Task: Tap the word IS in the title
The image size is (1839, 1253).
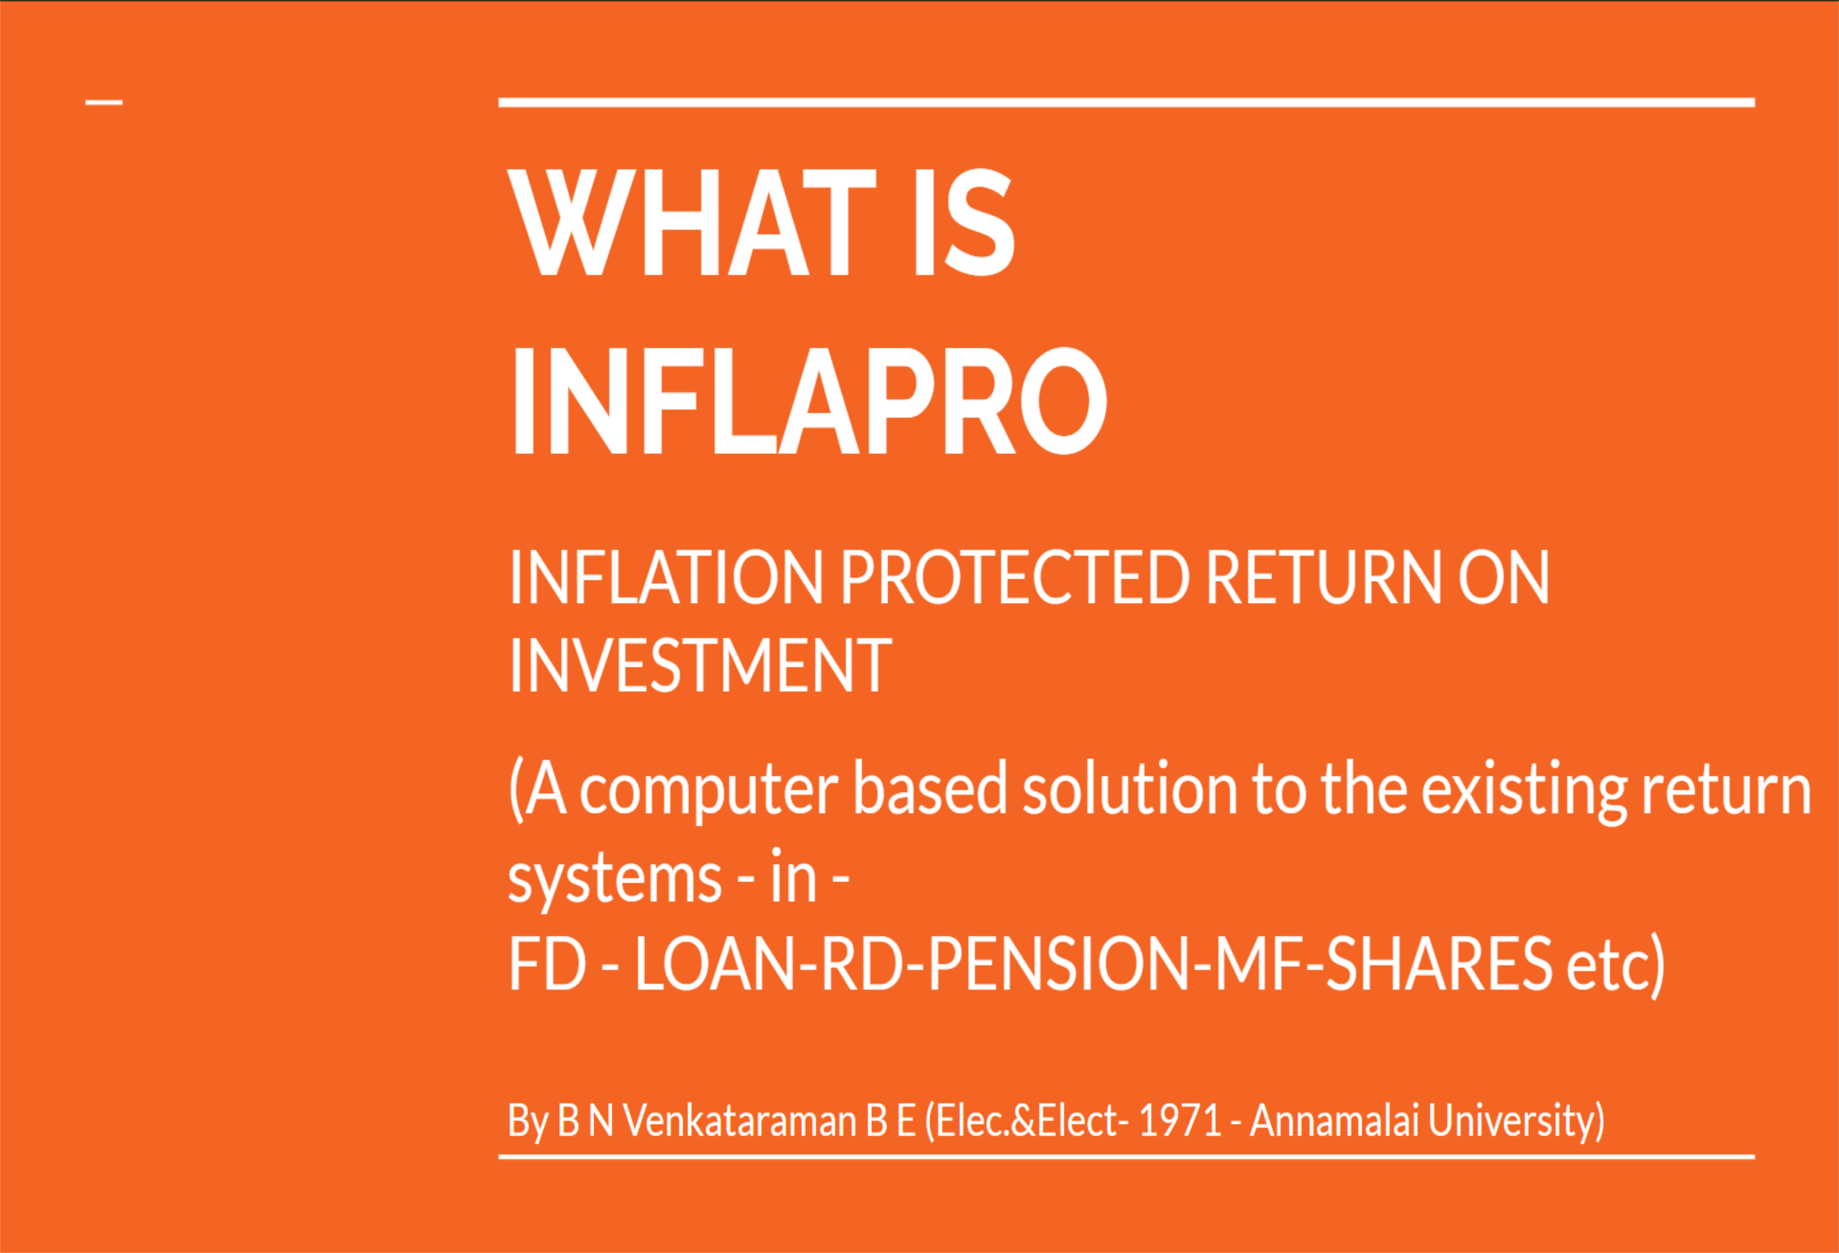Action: (x=964, y=222)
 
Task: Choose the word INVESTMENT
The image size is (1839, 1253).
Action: (x=700, y=666)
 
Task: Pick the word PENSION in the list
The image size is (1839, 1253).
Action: (x=1058, y=964)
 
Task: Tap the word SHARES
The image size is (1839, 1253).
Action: (x=1439, y=964)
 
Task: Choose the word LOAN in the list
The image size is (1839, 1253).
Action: (x=714, y=964)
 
